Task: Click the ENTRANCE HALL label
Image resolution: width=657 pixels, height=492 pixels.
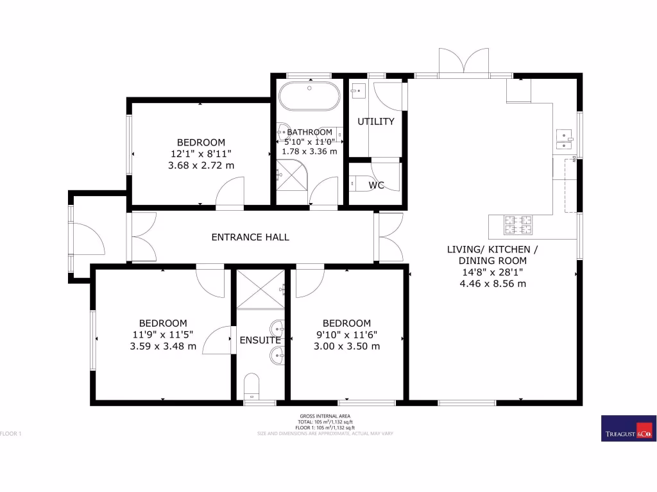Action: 250,237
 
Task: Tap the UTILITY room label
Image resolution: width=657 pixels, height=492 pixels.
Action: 375,122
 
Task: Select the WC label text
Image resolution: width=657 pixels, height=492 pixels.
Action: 376,185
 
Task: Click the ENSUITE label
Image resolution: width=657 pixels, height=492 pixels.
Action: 260,340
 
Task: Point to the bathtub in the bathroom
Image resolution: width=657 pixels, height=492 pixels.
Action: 309,97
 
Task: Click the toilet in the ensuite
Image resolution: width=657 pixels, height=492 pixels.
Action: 252,386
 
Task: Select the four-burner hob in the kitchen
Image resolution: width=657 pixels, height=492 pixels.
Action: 518,224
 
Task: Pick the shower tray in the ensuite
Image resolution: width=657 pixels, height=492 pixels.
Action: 260,289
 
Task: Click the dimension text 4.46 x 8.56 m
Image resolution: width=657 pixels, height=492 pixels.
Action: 493,283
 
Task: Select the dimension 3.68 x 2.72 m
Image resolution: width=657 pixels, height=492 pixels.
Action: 201,165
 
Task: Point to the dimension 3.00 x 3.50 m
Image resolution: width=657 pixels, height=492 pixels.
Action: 346,347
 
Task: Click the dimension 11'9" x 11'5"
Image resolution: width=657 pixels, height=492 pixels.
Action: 163,334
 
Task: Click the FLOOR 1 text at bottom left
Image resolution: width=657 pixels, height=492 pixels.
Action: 12,434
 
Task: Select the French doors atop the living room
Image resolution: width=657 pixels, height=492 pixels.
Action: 464,63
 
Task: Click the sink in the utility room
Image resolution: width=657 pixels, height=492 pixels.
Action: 357,90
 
